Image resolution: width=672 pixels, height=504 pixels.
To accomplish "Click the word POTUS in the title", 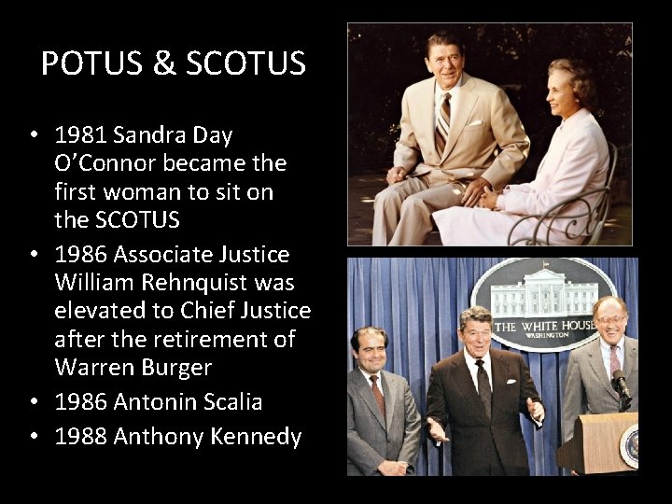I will pos(89,63).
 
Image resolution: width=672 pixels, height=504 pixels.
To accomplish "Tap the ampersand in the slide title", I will pos(163,63).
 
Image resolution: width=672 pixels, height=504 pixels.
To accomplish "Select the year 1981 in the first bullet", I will pos(80,135).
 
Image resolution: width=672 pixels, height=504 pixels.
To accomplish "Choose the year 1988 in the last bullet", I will pos(80,437).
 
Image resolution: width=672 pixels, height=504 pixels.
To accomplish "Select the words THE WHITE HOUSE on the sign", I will pos(545,326).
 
